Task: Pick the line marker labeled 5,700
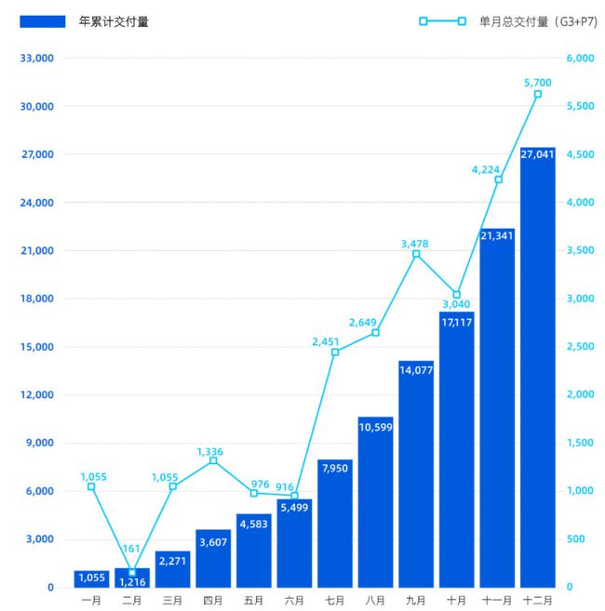[538, 94]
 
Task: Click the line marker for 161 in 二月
[132, 572]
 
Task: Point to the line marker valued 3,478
[416, 254]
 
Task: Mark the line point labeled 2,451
[335, 352]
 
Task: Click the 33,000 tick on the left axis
[37, 58]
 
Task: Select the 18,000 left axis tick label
[37, 299]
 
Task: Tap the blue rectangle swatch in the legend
[42, 21]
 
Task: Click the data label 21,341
[497, 235]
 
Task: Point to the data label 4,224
[487, 169]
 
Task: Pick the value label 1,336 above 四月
[210, 452]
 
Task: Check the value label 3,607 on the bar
[214, 542]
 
